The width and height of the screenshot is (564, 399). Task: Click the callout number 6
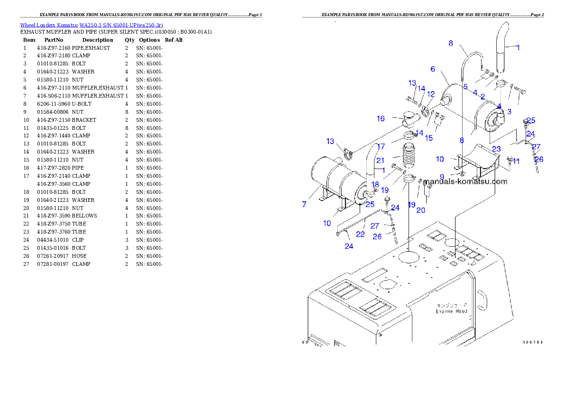[x=433, y=69]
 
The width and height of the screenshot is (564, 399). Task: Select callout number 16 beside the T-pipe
[x=381, y=118]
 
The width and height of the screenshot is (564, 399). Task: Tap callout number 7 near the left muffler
[x=304, y=204]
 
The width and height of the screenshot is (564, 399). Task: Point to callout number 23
[x=496, y=149]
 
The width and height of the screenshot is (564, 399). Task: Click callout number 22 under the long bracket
[x=360, y=234]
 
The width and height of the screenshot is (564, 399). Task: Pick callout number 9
[x=442, y=177]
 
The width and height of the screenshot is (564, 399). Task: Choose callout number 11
[x=516, y=161]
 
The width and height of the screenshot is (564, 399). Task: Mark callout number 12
[x=430, y=94]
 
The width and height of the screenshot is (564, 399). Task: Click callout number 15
[x=428, y=138]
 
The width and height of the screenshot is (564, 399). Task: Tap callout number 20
[x=420, y=210]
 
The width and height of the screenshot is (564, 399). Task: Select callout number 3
[x=509, y=111]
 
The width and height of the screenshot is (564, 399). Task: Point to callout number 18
[x=375, y=184]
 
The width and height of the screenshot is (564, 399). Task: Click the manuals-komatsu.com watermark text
[x=465, y=181]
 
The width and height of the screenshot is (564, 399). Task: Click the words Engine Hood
[x=451, y=311]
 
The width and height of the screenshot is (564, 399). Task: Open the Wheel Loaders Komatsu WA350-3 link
[x=91, y=25]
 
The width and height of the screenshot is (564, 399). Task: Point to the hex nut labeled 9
[x=462, y=174]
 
